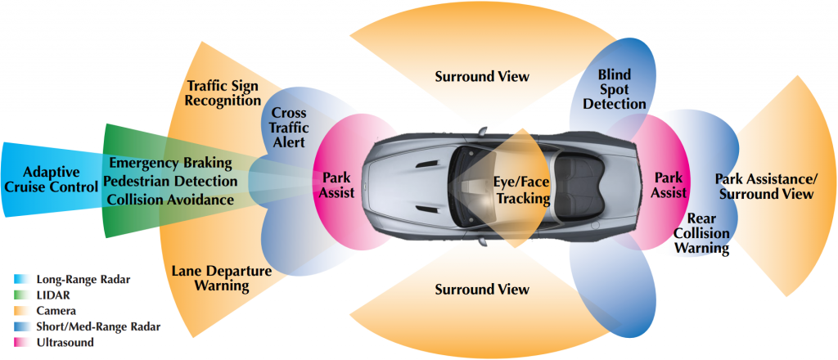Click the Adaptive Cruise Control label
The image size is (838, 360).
(51, 179)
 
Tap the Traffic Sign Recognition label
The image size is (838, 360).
(220, 92)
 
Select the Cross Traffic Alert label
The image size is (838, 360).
(288, 127)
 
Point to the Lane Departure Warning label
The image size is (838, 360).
(210, 277)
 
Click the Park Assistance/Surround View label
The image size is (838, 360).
(764, 187)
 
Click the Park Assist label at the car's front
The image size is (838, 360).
(336, 187)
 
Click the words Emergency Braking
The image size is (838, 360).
(170, 163)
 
